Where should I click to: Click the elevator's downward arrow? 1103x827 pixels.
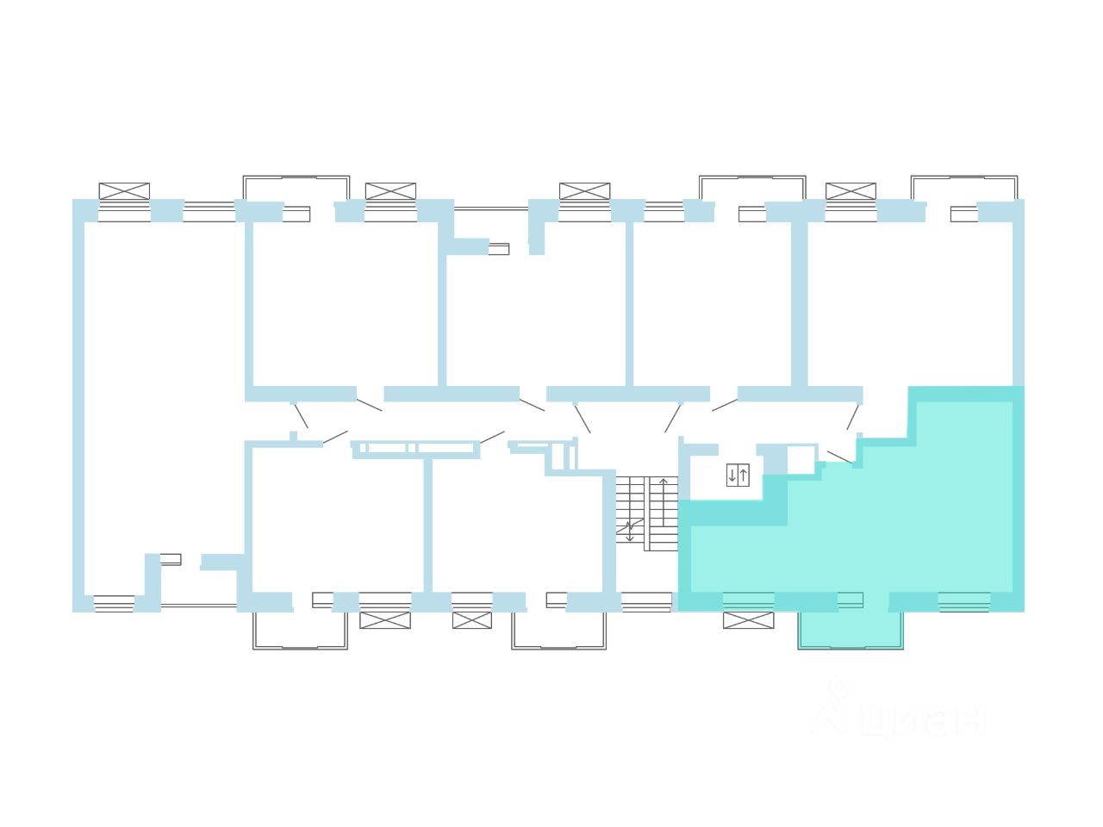(732, 475)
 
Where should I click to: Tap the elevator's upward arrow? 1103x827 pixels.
(744, 475)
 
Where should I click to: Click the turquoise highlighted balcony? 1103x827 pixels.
(851, 630)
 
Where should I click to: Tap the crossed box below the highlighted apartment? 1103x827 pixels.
(748, 620)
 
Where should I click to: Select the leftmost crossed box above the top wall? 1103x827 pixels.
(124, 191)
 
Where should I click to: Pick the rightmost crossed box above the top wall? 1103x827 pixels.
(851, 191)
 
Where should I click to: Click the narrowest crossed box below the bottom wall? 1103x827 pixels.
(471, 620)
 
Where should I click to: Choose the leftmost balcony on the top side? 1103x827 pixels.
(296, 188)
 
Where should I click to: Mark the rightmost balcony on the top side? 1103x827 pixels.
(964, 188)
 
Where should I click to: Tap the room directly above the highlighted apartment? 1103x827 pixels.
(909, 302)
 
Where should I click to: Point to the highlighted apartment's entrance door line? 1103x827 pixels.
(840, 457)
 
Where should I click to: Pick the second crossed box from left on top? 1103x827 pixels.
(390, 191)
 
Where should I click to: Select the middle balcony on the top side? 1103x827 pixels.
(752, 188)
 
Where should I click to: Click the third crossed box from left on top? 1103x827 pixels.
(584, 191)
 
